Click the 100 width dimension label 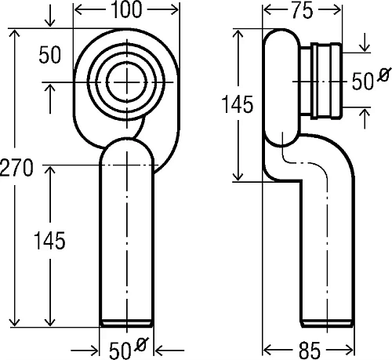pos(126,9)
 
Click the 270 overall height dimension pos(16,167)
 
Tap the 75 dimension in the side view pos(303,10)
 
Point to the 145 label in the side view pos(238,104)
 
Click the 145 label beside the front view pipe pos(49,240)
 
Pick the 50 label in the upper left pos(49,55)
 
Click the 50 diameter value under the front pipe pos(120,350)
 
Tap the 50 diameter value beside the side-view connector pos(363,82)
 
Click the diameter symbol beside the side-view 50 pos(384,75)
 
